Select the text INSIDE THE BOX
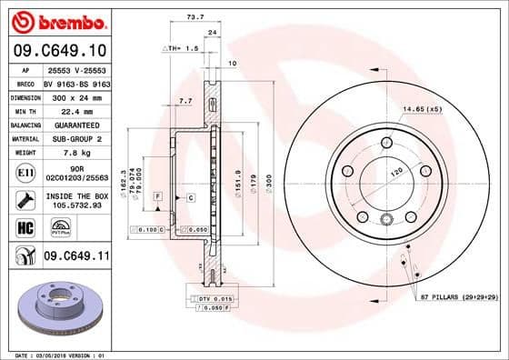[76, 195]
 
